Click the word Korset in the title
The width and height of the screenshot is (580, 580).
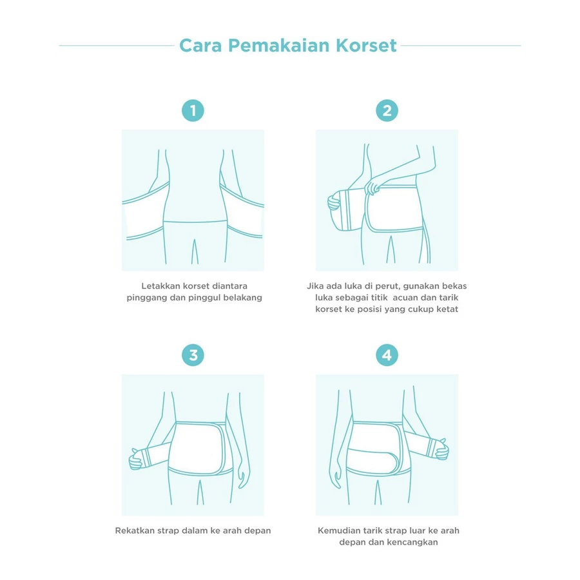(x=366, y=46)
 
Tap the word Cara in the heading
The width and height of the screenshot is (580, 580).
(x=200, y=46)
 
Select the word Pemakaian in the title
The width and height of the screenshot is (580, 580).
(x=278, y=46)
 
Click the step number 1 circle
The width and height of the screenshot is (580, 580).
(x=193, y=111)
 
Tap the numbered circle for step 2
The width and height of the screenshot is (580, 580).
(x=387, y=111)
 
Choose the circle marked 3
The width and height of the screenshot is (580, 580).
(x=193, y=355)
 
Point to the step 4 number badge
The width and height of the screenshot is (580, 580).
(x=387, y=355)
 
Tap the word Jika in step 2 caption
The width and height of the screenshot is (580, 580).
(x=314, y=286)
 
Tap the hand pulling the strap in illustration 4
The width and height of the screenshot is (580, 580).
(x=441, y=449)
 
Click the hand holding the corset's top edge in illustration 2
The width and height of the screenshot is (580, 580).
(x=372, y=186)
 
